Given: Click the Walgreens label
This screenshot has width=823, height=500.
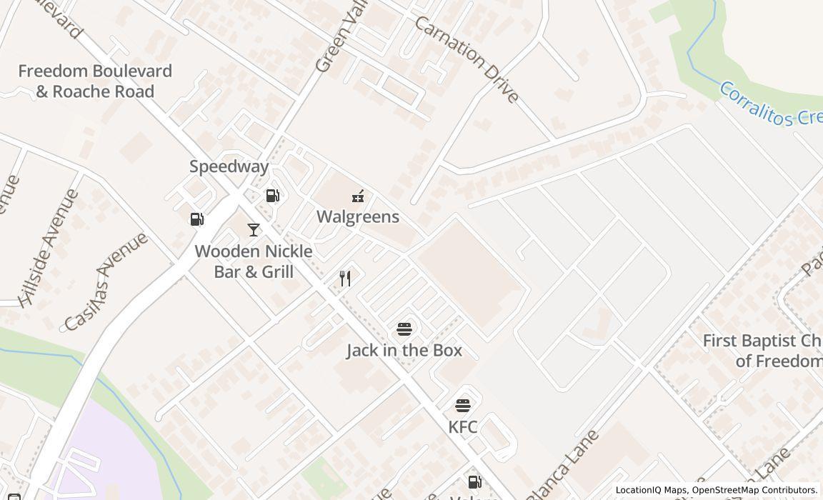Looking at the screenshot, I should click(357, 216).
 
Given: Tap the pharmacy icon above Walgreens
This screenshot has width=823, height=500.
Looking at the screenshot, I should click(358, 196).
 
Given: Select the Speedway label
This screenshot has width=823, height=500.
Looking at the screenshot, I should click(229, 166).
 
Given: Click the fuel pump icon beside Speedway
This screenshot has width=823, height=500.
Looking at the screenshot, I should click(272, 195).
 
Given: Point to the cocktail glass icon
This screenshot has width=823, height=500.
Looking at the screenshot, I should click(253, 229).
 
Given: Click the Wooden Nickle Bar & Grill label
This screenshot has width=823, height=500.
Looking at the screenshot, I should click(254, 261).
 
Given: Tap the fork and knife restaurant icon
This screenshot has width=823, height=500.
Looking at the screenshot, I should click(345, 278).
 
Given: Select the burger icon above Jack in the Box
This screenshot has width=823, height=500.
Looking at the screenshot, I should click(404, 329).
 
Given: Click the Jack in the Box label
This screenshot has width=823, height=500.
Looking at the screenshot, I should click(404, 350).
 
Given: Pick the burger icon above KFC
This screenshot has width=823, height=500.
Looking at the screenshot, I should click(463, 406).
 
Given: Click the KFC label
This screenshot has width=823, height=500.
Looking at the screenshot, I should click(463, 426).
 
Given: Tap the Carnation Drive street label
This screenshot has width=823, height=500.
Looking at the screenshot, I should click(467, 59).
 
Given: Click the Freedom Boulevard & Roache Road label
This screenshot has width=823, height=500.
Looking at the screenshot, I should click(95, 81).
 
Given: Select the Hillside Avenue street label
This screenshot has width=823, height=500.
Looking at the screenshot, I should click(49, 247).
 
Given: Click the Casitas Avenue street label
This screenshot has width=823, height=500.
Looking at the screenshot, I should click(106, 281).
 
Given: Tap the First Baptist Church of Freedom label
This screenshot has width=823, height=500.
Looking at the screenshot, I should click(762, 351).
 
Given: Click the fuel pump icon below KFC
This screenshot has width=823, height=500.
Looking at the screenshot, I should click(474, 482).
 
